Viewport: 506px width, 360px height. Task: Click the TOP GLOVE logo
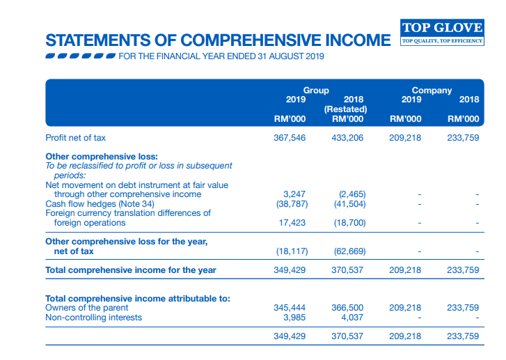442,32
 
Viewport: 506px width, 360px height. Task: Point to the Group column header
316,91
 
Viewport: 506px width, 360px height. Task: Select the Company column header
432,91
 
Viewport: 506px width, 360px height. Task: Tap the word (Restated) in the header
346,109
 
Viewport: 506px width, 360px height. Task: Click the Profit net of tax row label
76,138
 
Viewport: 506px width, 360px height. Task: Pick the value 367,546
290,138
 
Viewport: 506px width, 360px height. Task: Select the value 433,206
347,138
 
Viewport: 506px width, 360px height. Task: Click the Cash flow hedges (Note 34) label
100,204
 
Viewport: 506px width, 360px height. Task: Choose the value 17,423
293,223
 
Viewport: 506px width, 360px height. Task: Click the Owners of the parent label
86,307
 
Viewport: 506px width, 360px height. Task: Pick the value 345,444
290,307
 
